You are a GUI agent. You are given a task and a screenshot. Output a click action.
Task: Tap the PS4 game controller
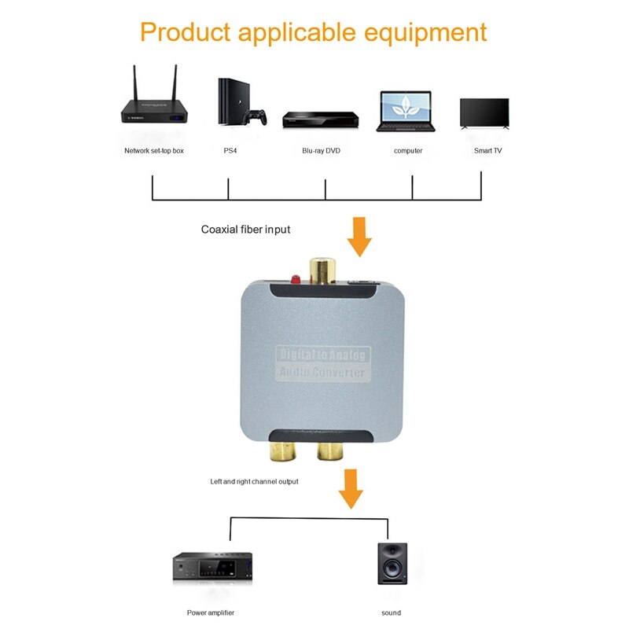click(x=252, y=117)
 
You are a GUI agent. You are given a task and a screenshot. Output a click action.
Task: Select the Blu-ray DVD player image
click(x=321, y=119)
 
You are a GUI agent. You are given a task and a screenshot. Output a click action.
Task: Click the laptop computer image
click(x=406, y=111)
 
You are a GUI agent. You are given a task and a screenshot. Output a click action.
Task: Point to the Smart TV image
click(x=484, y=113)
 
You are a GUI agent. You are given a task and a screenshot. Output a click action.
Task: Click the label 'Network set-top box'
click(x=154, y=150)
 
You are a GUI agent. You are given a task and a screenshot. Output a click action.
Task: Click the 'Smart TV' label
click(x=487, y=150)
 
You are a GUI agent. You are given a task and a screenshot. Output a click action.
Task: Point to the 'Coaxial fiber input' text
click(x=245, y=230)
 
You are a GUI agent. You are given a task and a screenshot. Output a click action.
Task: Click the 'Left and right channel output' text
click(x=253, y=481)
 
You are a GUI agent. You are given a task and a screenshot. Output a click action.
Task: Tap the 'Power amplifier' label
click(x=211, y=612)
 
